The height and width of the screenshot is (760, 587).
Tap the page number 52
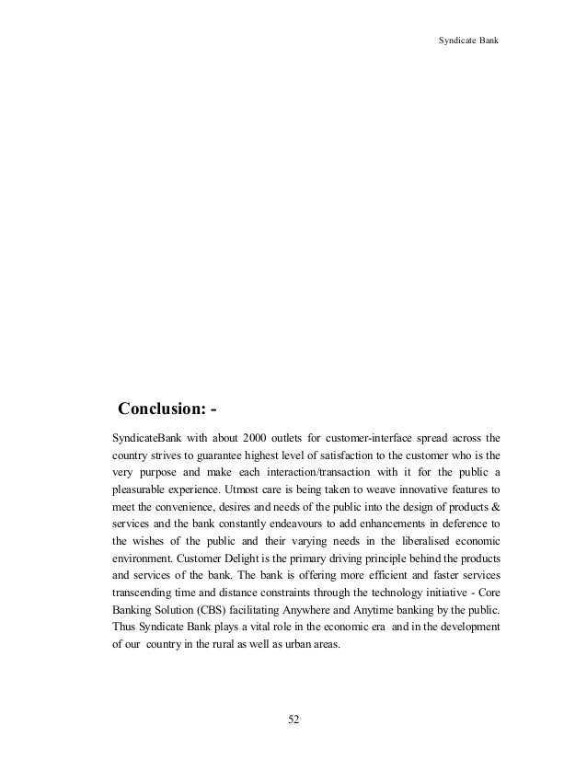point(293,719)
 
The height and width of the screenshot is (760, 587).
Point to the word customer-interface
point(350,435)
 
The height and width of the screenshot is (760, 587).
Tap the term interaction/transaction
point(311,473)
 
